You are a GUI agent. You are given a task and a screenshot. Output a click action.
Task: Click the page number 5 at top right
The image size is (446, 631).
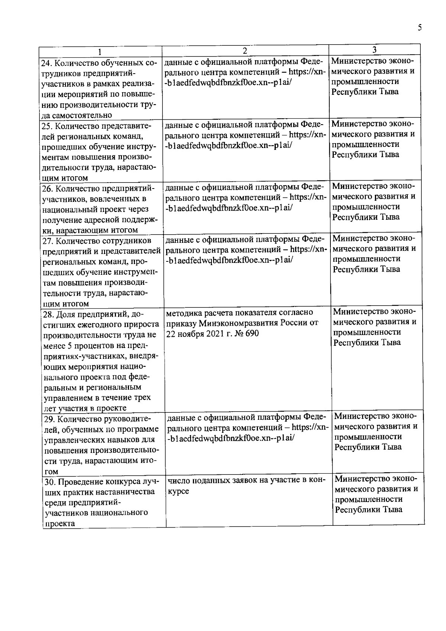click(x=420, y=28)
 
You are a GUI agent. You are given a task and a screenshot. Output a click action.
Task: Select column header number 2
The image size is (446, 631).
click(x=245, y=51)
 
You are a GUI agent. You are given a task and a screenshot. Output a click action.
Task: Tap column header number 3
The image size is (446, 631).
click(x=375, y=50)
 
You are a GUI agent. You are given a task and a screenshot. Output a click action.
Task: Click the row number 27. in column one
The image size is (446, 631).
click(x=48, y=241)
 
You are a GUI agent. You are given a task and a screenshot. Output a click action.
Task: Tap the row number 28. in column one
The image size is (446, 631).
click(x=49, y=315)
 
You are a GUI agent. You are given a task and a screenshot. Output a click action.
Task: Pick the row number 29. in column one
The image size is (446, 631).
click(x=50, y=419)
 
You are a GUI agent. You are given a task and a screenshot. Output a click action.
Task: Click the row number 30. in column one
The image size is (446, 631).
click(x=50, y=482)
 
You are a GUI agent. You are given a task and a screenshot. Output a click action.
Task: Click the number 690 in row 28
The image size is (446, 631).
click(x=252, y=333)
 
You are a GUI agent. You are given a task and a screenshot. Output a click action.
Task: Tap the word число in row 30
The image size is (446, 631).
click(x=178, y=481)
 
